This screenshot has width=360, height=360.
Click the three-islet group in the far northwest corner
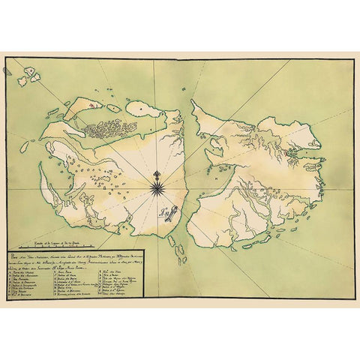point(31,74)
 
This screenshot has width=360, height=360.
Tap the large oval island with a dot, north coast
point(152,109)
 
